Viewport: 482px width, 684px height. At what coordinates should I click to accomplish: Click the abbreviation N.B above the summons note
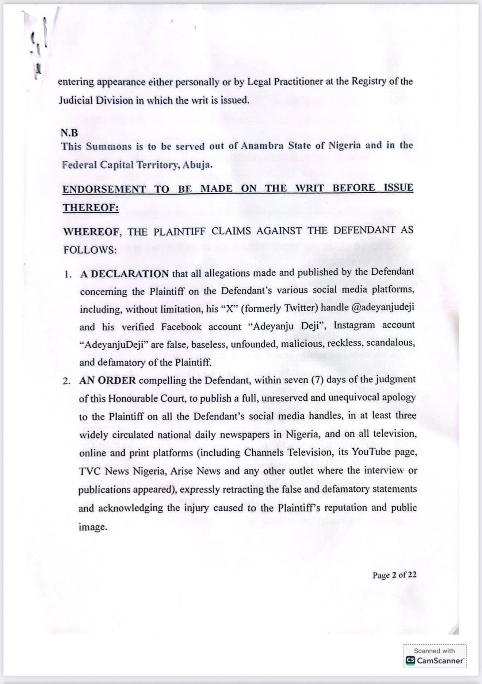[69, 133]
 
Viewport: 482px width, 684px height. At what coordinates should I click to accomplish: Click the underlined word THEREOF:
[91, 208]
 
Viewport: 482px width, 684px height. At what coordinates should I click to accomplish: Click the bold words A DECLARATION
[125, 274]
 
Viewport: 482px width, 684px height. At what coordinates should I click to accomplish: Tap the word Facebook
[181, 326]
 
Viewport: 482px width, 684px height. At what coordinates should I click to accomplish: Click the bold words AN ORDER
[108, 380]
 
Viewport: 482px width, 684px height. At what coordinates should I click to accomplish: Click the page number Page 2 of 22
[394, 575]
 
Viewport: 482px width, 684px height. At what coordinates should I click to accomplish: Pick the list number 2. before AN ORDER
[66, 381]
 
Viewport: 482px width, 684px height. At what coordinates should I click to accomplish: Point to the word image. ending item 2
[93, 527]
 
